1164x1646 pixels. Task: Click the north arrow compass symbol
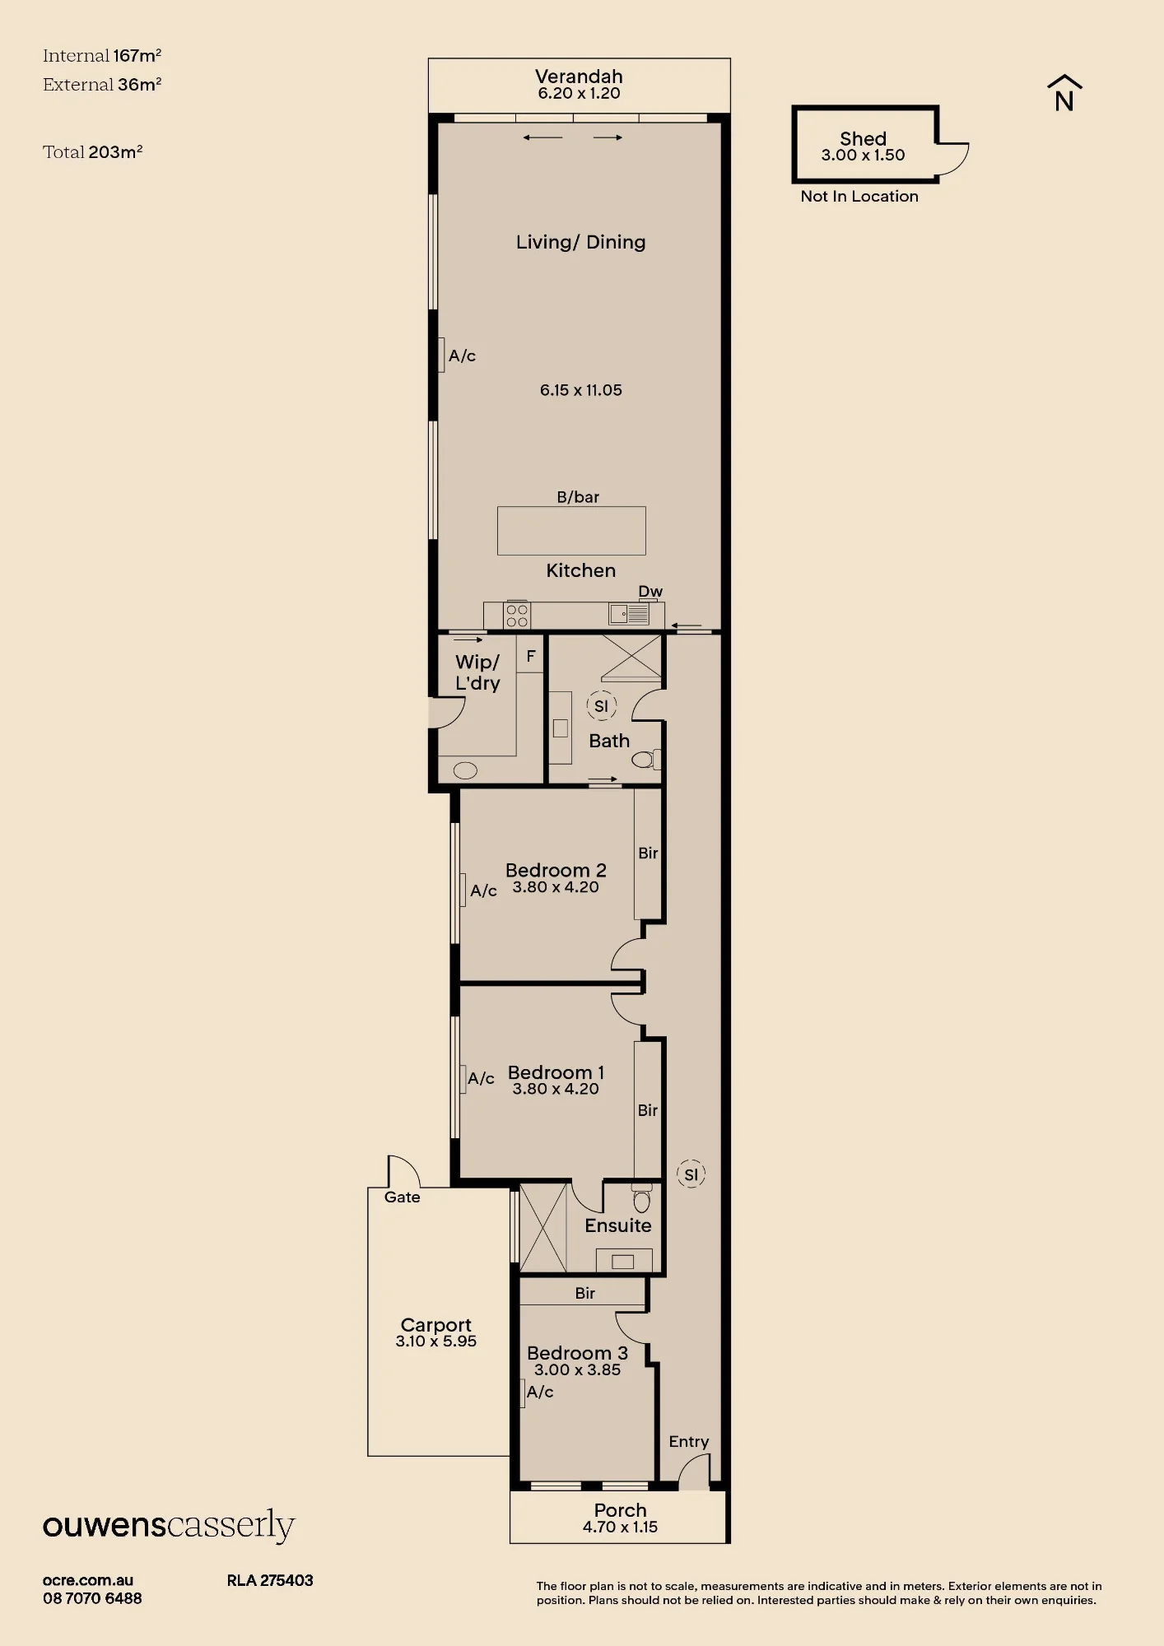point(1064,93)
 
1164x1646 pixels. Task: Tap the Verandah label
point(579,77)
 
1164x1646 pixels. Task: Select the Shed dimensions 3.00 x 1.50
point(863,155)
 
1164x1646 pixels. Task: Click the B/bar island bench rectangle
point(571,531)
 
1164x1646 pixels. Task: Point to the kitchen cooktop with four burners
point(517,616)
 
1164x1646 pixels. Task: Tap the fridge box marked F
point(531,655)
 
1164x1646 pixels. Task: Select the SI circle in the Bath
point(601,706)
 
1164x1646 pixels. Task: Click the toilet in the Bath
point(646,759)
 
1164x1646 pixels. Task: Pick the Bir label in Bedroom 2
point(648,853)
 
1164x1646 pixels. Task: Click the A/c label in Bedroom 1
point(481,1078)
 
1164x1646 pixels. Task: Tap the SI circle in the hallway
point(691,1174)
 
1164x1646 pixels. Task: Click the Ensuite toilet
point(642,1198)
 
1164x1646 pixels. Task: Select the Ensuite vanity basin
point(623,1261)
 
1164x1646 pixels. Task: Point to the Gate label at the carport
point(402,1197)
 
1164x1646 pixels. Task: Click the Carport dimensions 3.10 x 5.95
point(435,1341)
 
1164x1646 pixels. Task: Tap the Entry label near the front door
point(688,1441)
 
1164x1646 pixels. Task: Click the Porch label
point(621,1510)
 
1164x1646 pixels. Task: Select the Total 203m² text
point(92,151)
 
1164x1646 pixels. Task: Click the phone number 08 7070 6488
point(92,1598)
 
